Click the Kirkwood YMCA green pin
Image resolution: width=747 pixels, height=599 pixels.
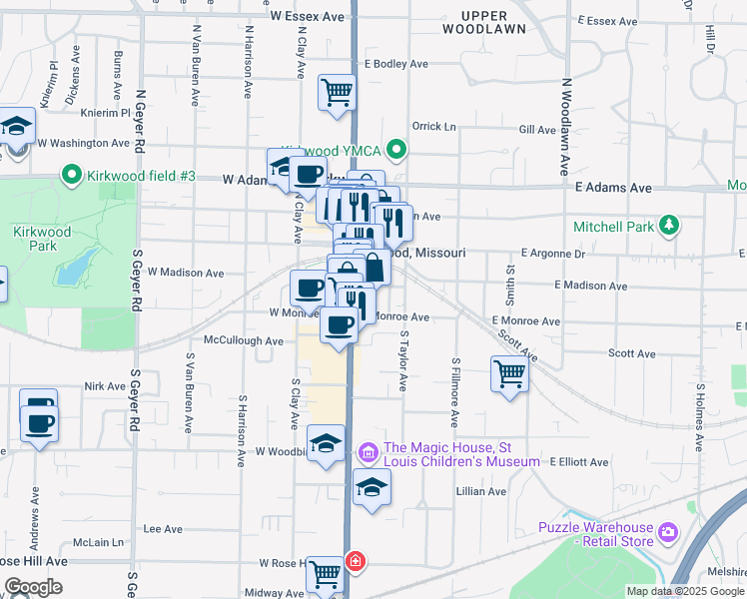pos(396,151)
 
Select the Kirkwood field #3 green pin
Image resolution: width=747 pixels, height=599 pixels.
pos(71,177)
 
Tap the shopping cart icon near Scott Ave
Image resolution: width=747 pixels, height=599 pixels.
pos(509,374)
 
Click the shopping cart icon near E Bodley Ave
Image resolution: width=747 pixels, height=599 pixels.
pos(337,92)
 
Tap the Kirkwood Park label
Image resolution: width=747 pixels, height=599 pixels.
pos(43,239)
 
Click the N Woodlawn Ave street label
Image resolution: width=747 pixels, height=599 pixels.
pos(565,127)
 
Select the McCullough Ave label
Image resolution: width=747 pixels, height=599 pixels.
pos(244,340)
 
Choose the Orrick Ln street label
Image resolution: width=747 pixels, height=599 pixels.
pos(433,127)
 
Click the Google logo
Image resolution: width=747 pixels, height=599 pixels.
pos(33,586)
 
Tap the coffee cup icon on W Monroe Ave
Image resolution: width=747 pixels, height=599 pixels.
pos(340,325)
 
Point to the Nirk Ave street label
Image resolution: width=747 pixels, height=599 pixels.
pos(106,386)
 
